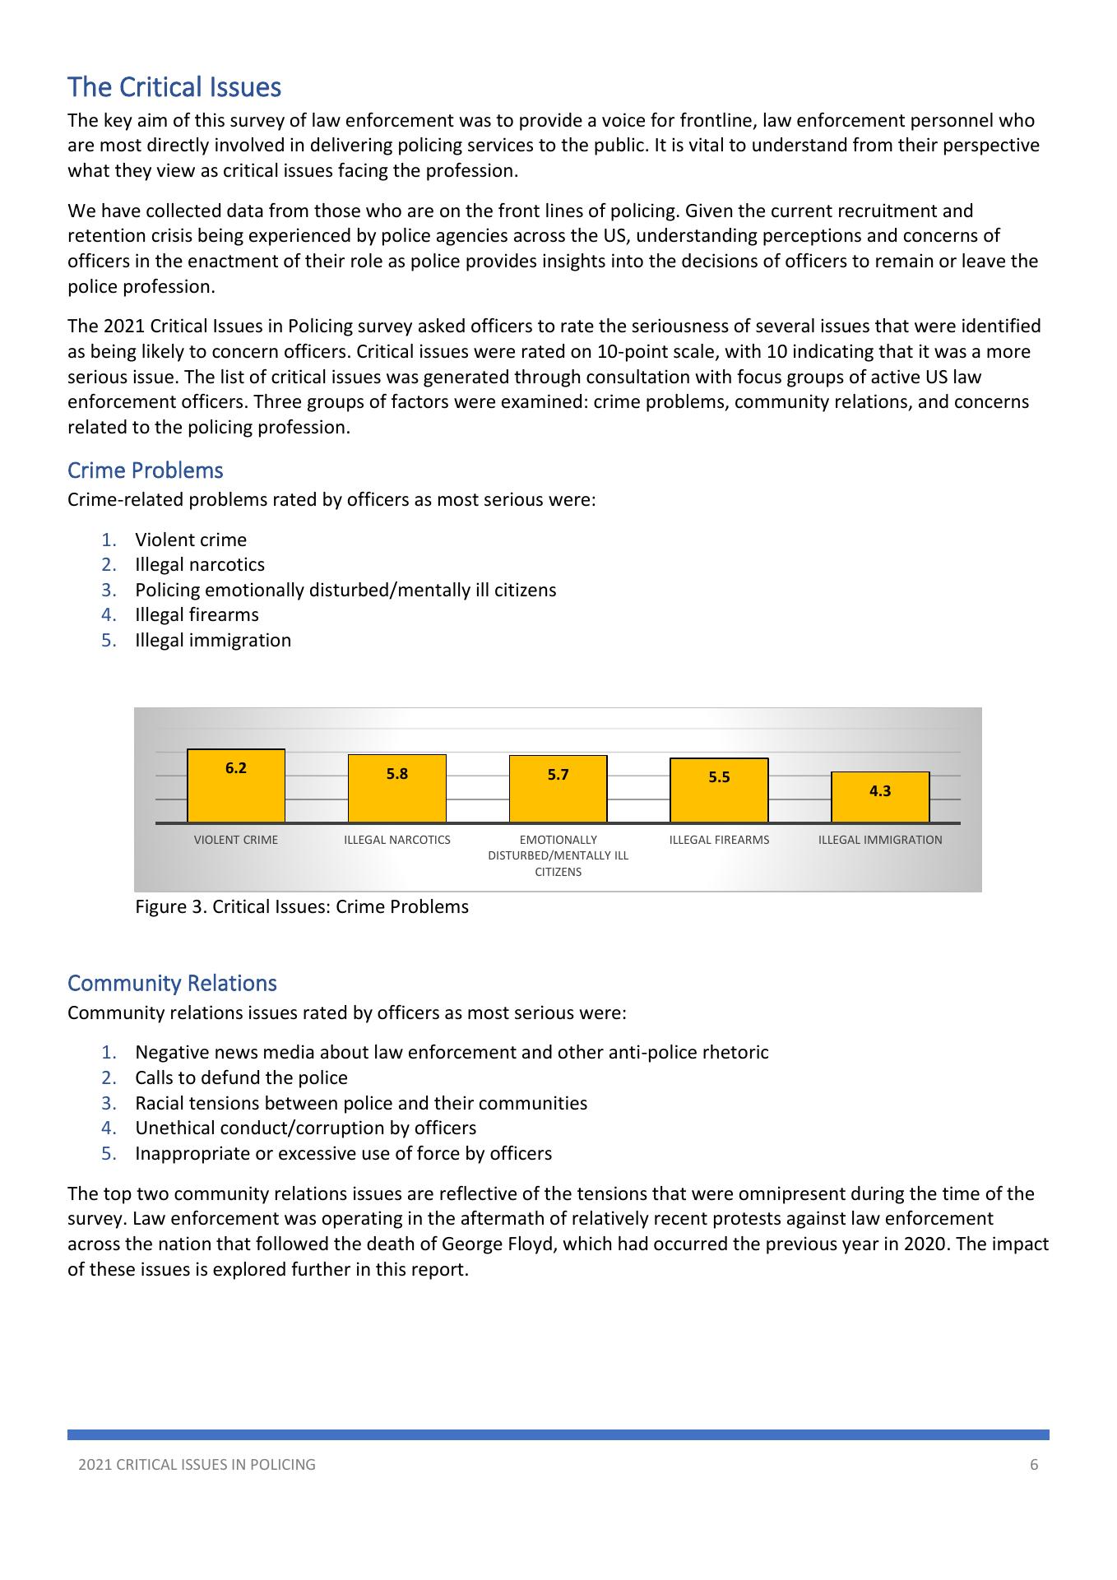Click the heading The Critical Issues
tap(174, 87)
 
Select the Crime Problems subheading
tap(146, 470)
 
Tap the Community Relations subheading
tap(172, 983)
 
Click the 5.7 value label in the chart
tap(558, 775)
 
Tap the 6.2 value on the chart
tap(236, 768)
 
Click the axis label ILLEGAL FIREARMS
tap(719, 840)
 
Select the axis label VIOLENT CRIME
tap(236, 840)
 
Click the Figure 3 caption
tap(302, 907)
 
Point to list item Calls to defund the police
tap(241, 1077)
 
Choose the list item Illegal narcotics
tap(200, 565)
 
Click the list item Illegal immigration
tap(213, 640)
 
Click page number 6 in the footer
tap(1034, 1464)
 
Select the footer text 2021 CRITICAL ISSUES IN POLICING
tap(197, 1464)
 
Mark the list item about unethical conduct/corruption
tap(305, 1128)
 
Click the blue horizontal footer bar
tap(558, 1434)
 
